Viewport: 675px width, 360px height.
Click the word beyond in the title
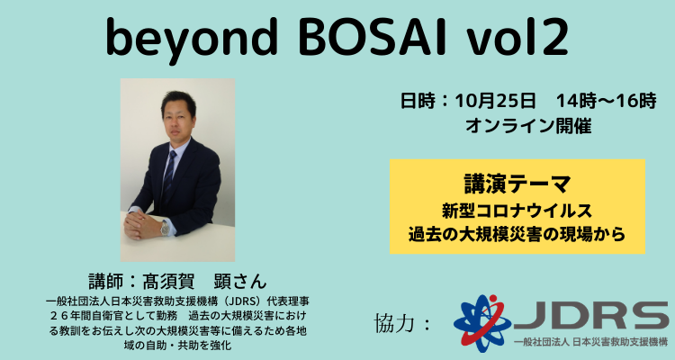[x=191, y=39]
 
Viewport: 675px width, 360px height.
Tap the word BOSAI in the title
[x=371, y=37]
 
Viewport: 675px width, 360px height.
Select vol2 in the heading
[x=516, y=37]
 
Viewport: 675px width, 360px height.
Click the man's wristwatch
[x=165, y=228]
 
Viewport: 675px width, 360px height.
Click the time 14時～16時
[x=606, y=101]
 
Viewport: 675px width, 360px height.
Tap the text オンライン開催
[x=528, y=126]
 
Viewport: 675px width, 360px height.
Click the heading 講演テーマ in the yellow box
[x=517, y=184]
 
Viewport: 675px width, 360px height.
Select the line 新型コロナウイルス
[x=517, y=211]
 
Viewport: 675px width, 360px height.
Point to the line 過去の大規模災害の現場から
[x=517, y=234]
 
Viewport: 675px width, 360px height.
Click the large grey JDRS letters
[x=590, y=315]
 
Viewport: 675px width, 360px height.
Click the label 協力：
[x=402, y=323]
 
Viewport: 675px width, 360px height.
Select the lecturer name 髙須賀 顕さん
[x=178, y=282]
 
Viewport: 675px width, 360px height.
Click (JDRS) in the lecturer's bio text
[x=242, y=301]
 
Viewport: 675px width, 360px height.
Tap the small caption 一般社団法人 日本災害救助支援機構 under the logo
[x=590, y=342]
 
